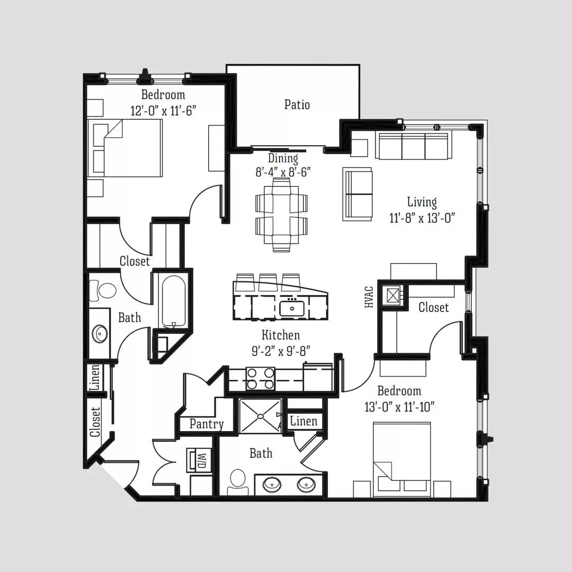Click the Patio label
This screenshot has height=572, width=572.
tap(297, 105)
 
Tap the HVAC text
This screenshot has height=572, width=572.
tap(369, 297)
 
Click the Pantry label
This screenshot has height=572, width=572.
tap(207, 424)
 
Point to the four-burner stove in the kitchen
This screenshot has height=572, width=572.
tap(260, 378)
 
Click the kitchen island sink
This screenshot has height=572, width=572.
tap(292, 308)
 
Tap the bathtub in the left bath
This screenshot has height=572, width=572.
tap(174, 301)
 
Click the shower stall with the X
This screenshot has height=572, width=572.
tap(261, 416)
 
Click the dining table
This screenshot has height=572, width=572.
tap(281, 215)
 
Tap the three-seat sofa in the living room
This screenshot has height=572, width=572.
tap(414, 146)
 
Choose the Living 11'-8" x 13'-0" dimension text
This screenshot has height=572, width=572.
tap(422, 210)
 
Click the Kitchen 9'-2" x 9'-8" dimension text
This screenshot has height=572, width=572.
tap(281, 343)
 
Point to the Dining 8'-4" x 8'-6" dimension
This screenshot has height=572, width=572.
tap(283, 165)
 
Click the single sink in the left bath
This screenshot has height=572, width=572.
tap(100, 334)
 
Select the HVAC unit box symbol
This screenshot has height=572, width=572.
tap(392, 296)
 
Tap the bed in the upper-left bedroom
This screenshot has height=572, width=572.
tap(124, 148)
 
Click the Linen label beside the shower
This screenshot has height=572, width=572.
tap(303, 421)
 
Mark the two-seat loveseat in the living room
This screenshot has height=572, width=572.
tap(357, 194)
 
